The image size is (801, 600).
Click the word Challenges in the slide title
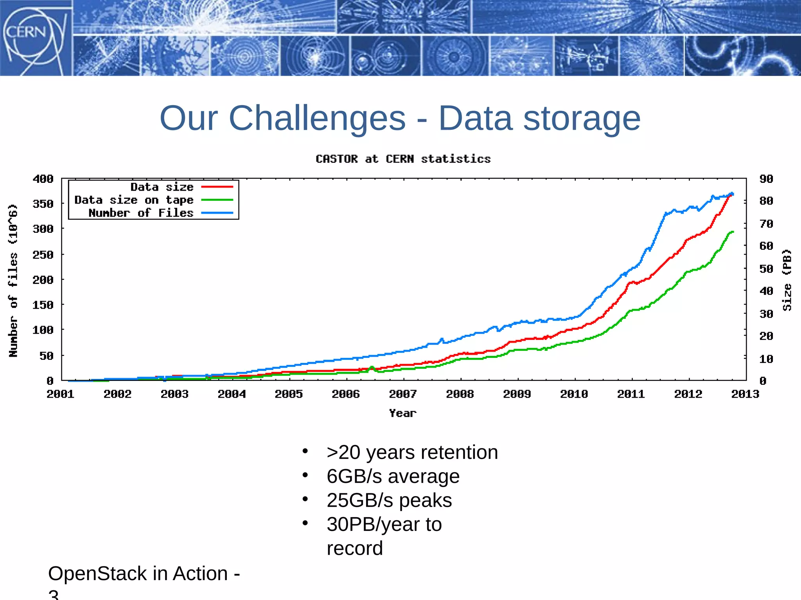317,118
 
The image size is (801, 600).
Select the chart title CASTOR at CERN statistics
403,159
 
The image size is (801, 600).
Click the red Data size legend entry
162,187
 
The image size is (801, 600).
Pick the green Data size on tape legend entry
134,200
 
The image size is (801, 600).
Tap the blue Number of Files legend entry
141,213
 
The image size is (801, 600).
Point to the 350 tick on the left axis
43,204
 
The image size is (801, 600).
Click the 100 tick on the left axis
43,330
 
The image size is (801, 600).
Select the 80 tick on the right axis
766,201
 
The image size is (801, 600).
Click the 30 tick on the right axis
766,314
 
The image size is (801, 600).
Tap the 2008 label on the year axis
460,394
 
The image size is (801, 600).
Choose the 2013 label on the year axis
745,394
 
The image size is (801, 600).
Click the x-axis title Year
403,413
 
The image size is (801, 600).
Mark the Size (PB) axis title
787,280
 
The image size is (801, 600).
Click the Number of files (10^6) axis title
13,280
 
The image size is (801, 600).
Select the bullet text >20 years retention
412,452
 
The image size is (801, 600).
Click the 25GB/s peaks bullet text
389,500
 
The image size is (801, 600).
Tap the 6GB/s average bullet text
393,476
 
